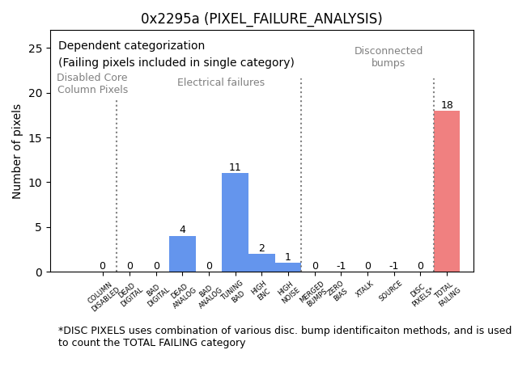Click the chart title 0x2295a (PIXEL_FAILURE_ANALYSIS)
pyautogui.click(x=261, y=19)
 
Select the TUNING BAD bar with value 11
pyautogui.click(x=235, y=222)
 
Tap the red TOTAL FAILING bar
pyautogui.click(x=447, y=192)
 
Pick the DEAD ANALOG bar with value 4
pyautogui.click(x=182, y=254)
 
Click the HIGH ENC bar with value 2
pyautogui.click(x=261, y=263)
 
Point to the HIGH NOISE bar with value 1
pyautogui.click(x=287, y=268)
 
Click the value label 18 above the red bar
pyautogui.click(x=447, y=105)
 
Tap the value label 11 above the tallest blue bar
pyautogui.click(x=235, y=167)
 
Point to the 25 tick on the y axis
pyautogui.click(x=35, y=48)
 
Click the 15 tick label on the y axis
pyautogui.click(x=35, y=138)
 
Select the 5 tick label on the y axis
pyautogui.click(x=38, y=227)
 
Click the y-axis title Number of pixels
pyautogui.click(x=17, y=151)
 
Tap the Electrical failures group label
pyautogui.click(x=221, y=82)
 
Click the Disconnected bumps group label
pyautogui.click(x=388, y=57)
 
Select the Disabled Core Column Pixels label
pyautogui.click(x=92, y=83)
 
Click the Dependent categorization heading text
pyautogui.click(x=131, y=46)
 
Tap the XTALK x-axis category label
pyautogui.click(x=364, y=289)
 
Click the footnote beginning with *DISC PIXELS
pyautogui.click(x=284, y=336)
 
